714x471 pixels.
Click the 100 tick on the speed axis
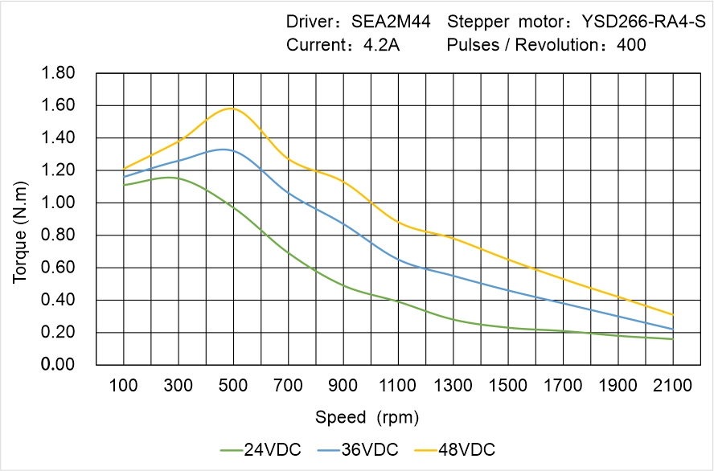[x=123, y=386]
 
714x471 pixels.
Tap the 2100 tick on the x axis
[x=673, y=386]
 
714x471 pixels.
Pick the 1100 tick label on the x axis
[x=398, y=386]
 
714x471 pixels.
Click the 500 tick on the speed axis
[x=233, y=386]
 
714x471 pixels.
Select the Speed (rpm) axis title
[x=367, y=417]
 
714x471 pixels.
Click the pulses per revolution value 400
[x=631, y=45]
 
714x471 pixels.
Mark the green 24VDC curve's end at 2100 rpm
[x=673, y=339]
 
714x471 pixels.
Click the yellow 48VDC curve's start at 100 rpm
[x=123, y=169]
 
